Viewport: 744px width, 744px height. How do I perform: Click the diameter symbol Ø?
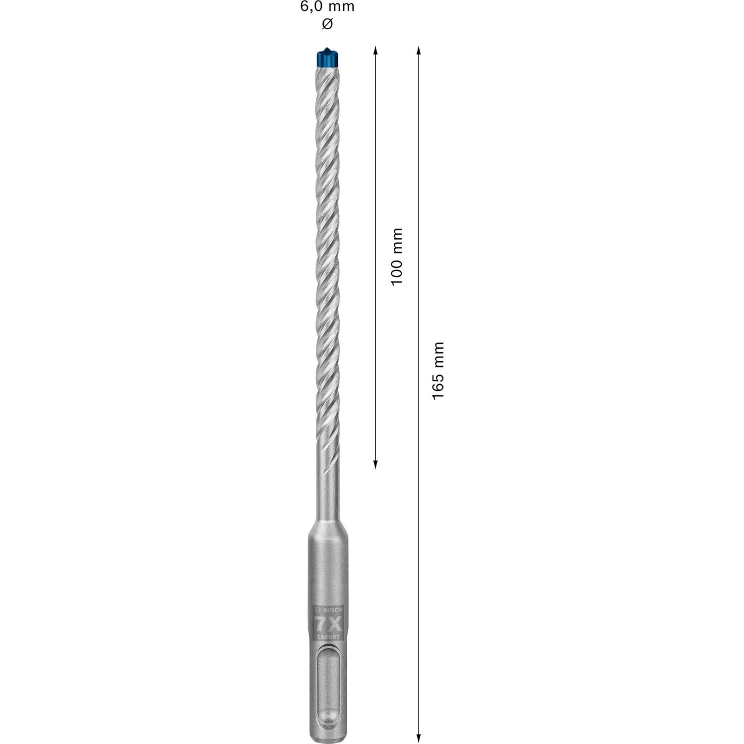click(327, 24)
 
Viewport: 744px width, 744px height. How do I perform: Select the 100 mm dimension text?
click(397, 256)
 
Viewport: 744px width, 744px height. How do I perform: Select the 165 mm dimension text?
click(438, 371)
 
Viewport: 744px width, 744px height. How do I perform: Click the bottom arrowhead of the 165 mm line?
click(419, 739)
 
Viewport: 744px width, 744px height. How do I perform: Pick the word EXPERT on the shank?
click(328, 636)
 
